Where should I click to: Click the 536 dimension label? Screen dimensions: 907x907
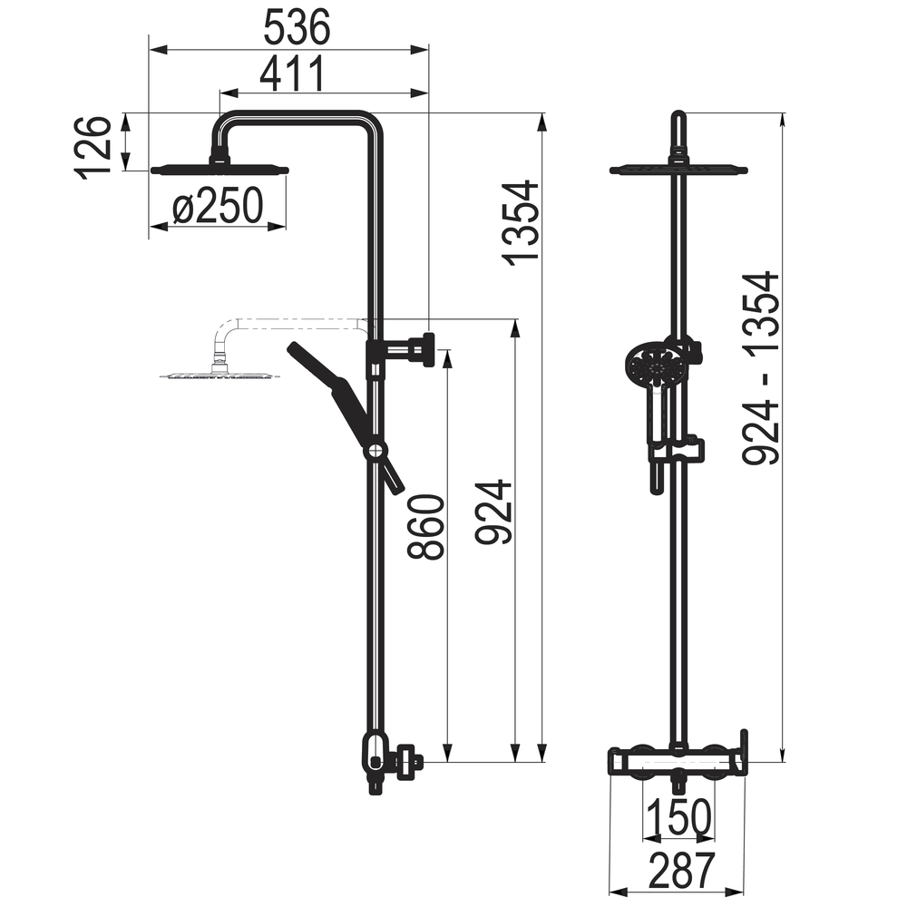297,28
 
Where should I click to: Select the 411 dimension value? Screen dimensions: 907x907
293,74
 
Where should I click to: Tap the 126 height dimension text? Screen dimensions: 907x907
92,148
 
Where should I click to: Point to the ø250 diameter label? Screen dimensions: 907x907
218,206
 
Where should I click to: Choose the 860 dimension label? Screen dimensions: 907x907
425,526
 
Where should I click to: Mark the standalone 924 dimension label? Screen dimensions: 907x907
494,512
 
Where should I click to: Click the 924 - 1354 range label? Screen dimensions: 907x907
761,368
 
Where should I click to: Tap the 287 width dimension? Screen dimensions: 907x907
682,871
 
